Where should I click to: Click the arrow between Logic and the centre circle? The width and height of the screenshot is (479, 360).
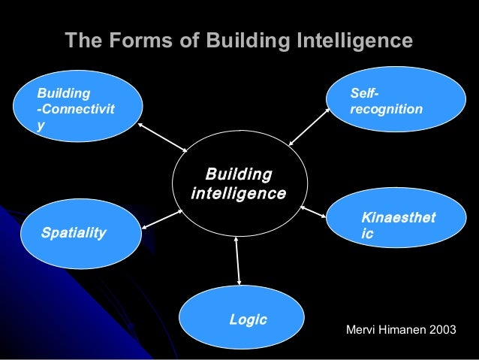(x=238, y=259)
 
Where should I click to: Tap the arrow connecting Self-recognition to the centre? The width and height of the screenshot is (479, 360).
(x=309, y=125)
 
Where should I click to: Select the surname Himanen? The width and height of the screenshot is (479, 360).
(x=400, y=331)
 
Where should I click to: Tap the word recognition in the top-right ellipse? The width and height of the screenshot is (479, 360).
(x=386, y=110)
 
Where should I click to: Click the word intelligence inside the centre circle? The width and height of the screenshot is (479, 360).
(x=239, y=194)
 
